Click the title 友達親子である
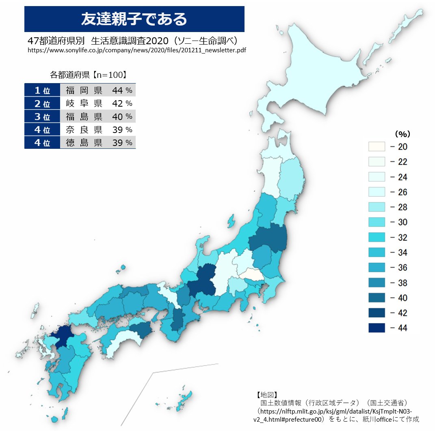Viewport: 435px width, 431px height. coord(134,19)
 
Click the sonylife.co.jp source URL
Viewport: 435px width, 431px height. coord(137,50)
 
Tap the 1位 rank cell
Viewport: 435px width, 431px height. coord(42,90)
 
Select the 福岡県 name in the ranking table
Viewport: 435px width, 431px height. coord(84,90)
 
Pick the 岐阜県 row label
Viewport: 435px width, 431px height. coord(84,103)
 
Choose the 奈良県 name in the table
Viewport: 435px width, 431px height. coord(84,130)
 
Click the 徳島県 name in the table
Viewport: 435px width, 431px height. coord(84,143)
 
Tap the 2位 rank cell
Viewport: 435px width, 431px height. coord(42,103)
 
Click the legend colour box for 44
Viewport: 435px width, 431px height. coord(377,328)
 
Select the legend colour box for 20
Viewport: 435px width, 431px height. coord(377,147)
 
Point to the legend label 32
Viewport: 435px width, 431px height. coord(398,237)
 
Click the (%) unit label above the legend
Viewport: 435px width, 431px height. coord(403,133)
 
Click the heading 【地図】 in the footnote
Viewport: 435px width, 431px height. coord(266,394)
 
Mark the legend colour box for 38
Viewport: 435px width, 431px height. coord(377,283)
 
